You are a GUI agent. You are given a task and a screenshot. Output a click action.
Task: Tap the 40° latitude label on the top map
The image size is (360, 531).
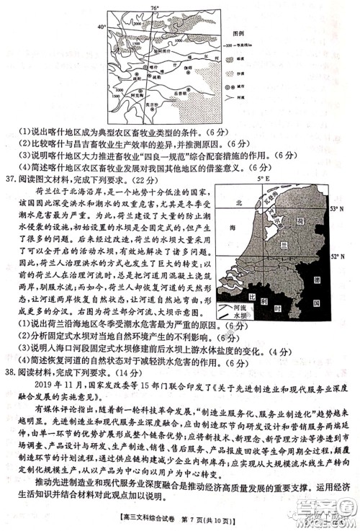point(102,26)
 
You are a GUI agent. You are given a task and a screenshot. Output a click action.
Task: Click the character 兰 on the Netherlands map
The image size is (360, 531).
point(295,246)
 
